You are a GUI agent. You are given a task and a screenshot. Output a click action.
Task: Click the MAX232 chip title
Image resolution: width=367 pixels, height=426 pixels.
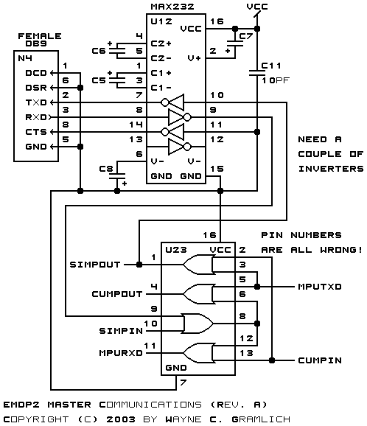(172, 7)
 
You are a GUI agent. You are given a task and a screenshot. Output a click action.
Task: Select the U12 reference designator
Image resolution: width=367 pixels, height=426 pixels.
(161, 21)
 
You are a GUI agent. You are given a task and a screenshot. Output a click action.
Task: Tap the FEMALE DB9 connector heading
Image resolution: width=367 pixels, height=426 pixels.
(40, 40)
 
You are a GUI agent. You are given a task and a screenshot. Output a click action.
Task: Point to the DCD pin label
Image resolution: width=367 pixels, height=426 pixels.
(36, 73)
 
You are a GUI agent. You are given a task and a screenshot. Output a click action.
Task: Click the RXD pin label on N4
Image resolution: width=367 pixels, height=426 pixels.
(36, 117)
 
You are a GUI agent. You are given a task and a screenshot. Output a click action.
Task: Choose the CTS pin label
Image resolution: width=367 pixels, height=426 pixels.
(36, 132)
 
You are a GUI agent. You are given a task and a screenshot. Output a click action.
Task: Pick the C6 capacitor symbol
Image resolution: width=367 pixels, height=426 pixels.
(117, 51)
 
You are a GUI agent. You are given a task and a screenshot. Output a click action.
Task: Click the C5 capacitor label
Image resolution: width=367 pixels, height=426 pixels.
(99, 80)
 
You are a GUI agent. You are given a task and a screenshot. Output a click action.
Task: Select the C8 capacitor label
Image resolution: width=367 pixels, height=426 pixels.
(106, 169)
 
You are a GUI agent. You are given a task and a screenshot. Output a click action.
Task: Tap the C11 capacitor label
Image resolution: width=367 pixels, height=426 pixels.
(271, 66)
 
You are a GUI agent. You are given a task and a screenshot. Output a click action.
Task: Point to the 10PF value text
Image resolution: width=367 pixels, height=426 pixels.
(276, 80)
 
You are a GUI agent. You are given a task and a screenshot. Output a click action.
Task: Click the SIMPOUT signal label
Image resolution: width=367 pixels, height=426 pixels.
(95, 265)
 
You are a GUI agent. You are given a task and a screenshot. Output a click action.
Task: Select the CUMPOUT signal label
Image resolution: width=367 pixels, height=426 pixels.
(117, 294)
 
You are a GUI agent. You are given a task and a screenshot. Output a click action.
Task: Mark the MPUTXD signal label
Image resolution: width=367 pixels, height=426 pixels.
(320, 287)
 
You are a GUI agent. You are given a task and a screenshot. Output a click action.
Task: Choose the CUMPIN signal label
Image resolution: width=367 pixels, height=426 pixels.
(320, 360)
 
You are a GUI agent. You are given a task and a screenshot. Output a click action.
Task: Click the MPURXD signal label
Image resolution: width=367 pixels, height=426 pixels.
(121, 353)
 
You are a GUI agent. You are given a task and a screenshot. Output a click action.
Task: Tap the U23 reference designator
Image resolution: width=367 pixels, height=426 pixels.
(176, 250)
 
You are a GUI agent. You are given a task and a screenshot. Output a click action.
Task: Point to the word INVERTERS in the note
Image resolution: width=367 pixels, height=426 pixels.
(331, 169)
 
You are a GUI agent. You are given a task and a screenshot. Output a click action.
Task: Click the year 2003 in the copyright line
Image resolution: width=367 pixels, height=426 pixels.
(121, 419)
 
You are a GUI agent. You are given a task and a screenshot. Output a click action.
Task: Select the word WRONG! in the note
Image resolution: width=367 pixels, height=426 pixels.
(341, 250)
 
